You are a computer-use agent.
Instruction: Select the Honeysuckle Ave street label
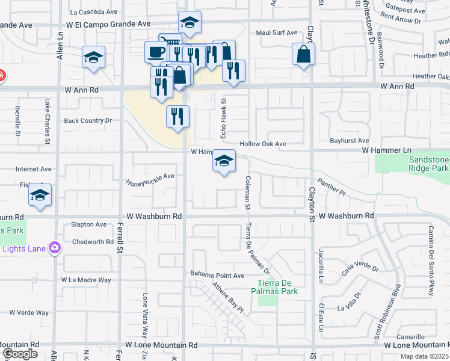tap(150, 179)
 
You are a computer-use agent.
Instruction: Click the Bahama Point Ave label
tap(217, 275)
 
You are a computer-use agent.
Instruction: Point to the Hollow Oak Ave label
tap(263, 144)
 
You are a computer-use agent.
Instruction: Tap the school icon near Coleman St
tap(224, 161)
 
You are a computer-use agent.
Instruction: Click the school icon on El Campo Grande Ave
tap(190, 23)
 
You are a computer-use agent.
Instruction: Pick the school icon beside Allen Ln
tap(94, 58)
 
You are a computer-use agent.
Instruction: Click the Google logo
tap(20, 354)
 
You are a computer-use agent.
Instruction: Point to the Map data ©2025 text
tap(424, 356)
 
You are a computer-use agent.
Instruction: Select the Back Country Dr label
tap(88, 120)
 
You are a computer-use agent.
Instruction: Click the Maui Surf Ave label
tap(277, 32)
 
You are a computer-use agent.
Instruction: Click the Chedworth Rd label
tap(93, 242)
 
